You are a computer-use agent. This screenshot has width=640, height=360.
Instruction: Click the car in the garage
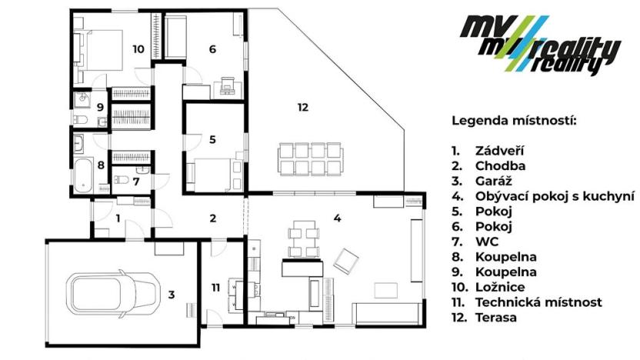coord(109,292)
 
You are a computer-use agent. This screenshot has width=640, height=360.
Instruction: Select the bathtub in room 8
coord(83,175)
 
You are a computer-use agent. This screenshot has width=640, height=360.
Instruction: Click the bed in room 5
coord(213,174)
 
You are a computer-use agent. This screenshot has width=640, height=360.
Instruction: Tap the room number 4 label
coord(337,218)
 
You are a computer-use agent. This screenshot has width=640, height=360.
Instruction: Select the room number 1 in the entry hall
coord(118,218)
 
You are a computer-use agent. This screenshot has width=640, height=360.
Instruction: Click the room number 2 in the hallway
coord(212,218)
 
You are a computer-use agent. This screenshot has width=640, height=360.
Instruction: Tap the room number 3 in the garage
coord(172,294)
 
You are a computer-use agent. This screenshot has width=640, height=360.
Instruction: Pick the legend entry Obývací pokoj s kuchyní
coord(543,195)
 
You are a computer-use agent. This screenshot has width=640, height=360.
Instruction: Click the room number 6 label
coord(212,49)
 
